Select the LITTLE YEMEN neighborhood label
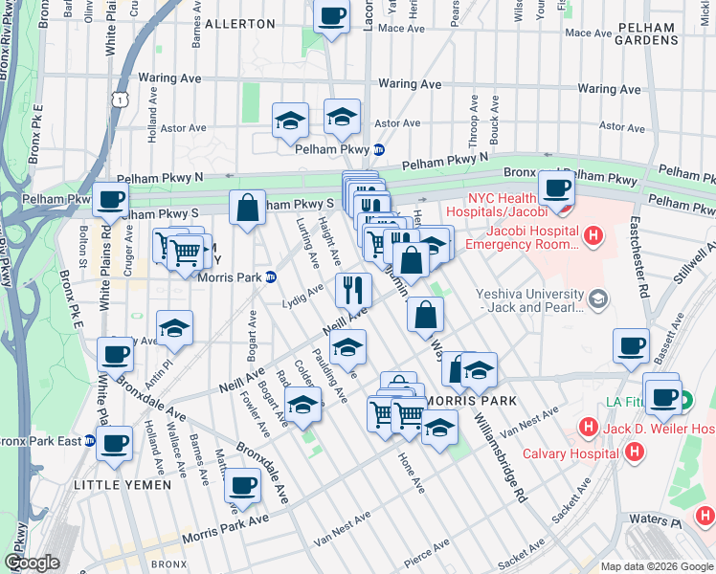[x=123, y=485]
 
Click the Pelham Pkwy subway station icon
[x=379, y=149]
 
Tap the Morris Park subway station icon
[x=270, y=277]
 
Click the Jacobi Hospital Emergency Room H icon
[x=593, y=234]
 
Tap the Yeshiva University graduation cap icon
[x=599, y=300]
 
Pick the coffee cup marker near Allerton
[x=332, y=17]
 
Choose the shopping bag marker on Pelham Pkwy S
[x=247, y=208]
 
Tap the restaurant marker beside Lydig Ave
[x=353, y=288]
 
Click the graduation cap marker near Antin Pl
[x=174, y=328]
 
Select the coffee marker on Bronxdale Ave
[x=242, y=485]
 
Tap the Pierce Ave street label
[x=426, y=550]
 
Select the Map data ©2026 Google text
[x=657, y=566]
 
